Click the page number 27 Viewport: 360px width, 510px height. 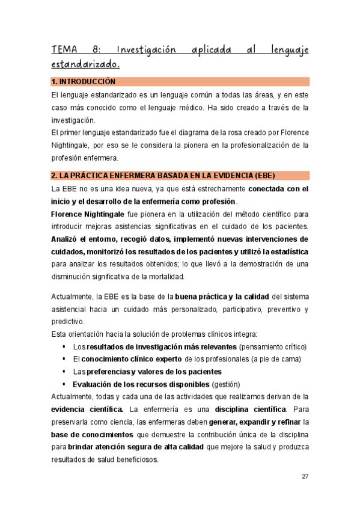pos(305,476)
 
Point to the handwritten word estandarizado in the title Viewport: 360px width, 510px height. pos(86,63)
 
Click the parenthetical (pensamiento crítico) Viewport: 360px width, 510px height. pos(273,347)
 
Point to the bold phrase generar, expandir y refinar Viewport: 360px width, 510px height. pos(255,422)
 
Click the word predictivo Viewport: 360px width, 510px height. pos(69,321)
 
